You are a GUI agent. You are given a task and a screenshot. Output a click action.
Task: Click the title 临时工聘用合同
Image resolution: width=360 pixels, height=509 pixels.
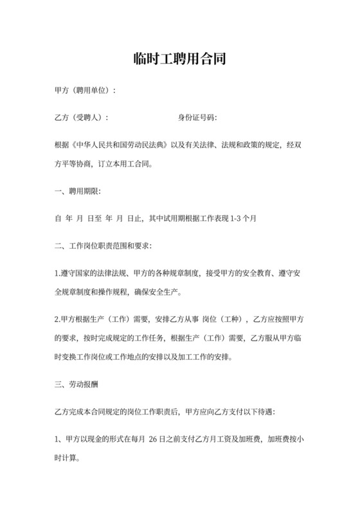coord(180,60)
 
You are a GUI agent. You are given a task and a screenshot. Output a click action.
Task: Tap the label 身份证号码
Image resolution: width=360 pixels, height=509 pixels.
coord(197,118)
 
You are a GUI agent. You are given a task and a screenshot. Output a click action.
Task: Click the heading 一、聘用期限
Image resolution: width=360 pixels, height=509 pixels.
coord(78,191)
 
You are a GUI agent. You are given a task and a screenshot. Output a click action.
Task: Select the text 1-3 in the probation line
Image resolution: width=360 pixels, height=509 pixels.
coord(238,219)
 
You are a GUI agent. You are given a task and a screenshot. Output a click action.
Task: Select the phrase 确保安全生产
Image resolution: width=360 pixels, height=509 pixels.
coord(157,292)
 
